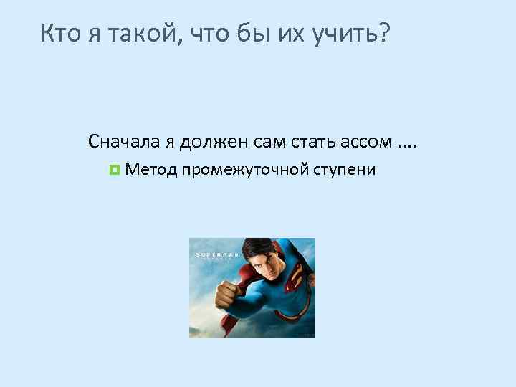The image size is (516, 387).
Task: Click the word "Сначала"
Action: click(124, 141)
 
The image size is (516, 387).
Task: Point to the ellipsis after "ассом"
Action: click(406, 144)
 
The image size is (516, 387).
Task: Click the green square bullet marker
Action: click(113, 171)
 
